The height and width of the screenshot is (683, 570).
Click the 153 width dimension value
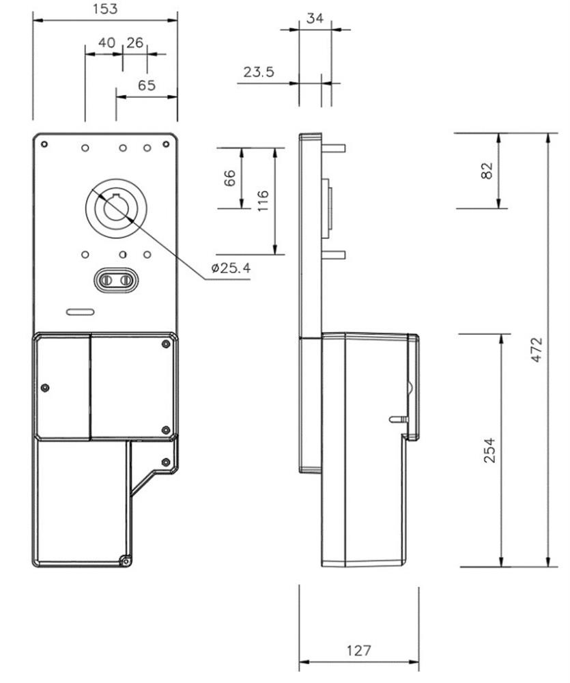click(105, 9)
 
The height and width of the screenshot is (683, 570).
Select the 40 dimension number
click(106, 42)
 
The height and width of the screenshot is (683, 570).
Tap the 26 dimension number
click(135, 42)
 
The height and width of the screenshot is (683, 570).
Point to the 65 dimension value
click(146, 85)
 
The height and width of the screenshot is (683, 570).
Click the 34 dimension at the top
click(315, 18)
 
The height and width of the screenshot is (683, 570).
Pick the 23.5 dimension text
click(259, 72)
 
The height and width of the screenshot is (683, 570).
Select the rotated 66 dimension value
click(229, 178)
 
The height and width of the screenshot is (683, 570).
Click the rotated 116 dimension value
click(263, 201)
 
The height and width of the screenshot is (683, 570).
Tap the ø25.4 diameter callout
click(231, 268)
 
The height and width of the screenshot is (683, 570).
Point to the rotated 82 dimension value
click(487, 170)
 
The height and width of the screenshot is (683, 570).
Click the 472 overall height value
click(537, 349)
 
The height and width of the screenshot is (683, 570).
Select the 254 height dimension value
click(490, 450)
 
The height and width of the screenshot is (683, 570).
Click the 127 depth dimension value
click(359, 650)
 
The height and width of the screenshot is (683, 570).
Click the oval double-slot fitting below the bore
click(116, 280)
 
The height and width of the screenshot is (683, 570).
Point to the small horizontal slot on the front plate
click(80, 312)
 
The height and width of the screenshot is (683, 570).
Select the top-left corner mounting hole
click(44, 144)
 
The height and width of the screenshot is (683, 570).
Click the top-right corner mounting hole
click(166, 144)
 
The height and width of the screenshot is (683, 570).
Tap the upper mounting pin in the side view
click(334, 148)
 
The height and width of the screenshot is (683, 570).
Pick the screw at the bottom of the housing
click(126, 561)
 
